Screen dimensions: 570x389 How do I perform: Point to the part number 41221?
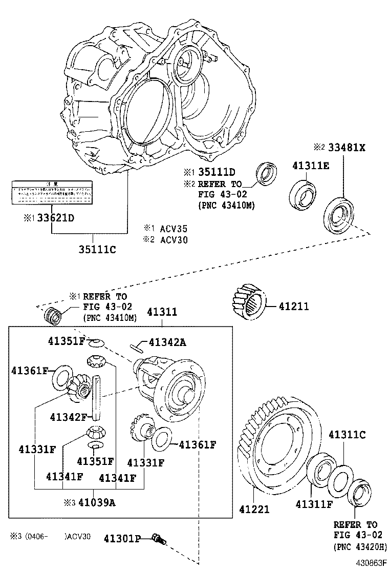(254, 510)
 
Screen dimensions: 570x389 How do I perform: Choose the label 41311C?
(347, 435)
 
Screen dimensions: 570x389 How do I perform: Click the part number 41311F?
(314, 504)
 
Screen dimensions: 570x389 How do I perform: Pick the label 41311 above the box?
(162, 312)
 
